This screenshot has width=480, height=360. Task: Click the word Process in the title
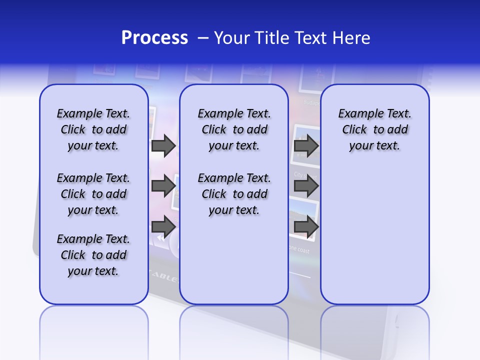pyautogui.click(x=154, y=38)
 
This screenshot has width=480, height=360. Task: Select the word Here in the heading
pyautogui.click(x=351, y=38)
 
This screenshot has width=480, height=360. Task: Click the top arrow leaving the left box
pyautogui.click(x=163, y=145)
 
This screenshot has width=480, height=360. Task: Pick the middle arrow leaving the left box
pyautogui.click(x=163, y=186)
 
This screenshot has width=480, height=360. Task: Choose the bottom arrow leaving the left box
pyautogui.click(x=163, y=226)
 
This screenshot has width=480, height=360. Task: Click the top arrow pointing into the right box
pyautogui.click(x=306, y=145)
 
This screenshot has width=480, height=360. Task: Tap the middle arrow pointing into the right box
pyautogui.click(x=306, y=186)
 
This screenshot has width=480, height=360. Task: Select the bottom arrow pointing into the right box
pyautogui.click(x=306, y=226)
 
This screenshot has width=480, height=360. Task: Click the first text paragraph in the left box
pyautogui.click(x=93, y=129)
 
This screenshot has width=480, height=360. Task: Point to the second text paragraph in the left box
pyautogui.click(x=93, y=194)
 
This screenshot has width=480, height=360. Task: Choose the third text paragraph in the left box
pyautogui.click(x=93, y=255)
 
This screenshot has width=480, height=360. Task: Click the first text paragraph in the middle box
pyautogui.click(x=234, y=129)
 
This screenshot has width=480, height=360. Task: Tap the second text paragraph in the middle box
pyautogui.click(x=234, y=194)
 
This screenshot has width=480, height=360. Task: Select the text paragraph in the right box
pyautogui.click(x=374, y=129)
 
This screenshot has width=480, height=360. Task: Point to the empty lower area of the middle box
pyautogui.click(x=234, y=260)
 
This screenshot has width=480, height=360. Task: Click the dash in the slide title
pyautogui.click(x=203, y=38)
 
